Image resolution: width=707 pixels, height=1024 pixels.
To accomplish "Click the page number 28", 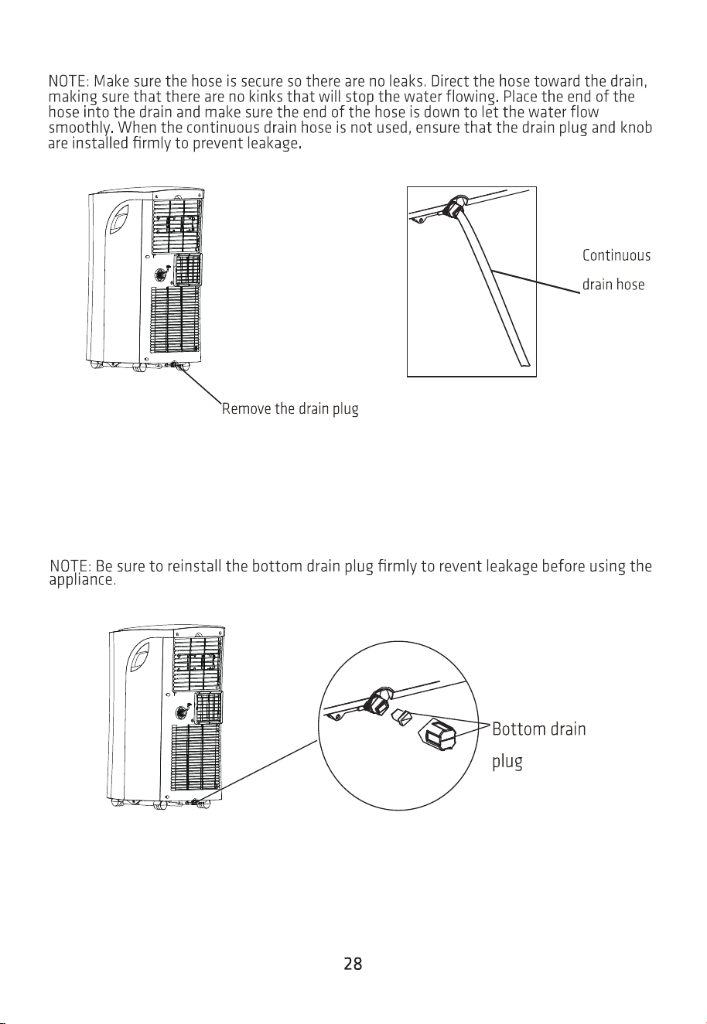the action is coord(353,964).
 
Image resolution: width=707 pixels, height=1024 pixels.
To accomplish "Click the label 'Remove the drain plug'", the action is coord(290,408).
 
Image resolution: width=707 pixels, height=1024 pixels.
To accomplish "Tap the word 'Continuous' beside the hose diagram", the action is coord(616,255).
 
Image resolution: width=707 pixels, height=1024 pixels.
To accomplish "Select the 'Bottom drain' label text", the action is coord(538,729).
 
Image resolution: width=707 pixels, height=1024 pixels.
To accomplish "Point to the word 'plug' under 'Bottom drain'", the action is coord(507,762).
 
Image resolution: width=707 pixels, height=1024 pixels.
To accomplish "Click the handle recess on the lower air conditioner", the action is coord(139,658).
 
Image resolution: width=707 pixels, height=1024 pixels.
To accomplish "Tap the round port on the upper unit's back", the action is coord(161,275).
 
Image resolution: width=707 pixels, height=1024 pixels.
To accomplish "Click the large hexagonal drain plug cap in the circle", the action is coord(438,734).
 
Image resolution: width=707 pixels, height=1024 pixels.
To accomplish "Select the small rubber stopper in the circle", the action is coord(401,716).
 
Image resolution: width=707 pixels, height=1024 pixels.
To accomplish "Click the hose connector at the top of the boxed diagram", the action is coord(455,207).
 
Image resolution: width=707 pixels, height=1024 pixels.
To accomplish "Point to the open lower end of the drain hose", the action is coord(524,363).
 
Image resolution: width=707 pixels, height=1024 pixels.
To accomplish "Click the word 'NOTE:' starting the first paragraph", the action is coord(69,82).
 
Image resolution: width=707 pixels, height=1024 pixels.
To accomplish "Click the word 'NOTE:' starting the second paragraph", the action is coord(70,566).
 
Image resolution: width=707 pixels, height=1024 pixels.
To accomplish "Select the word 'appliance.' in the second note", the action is coord(82,581).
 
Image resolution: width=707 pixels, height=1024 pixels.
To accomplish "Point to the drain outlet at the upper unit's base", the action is coord(174,365).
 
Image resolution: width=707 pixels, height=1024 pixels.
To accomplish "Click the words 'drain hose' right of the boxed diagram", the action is coord(613,285).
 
